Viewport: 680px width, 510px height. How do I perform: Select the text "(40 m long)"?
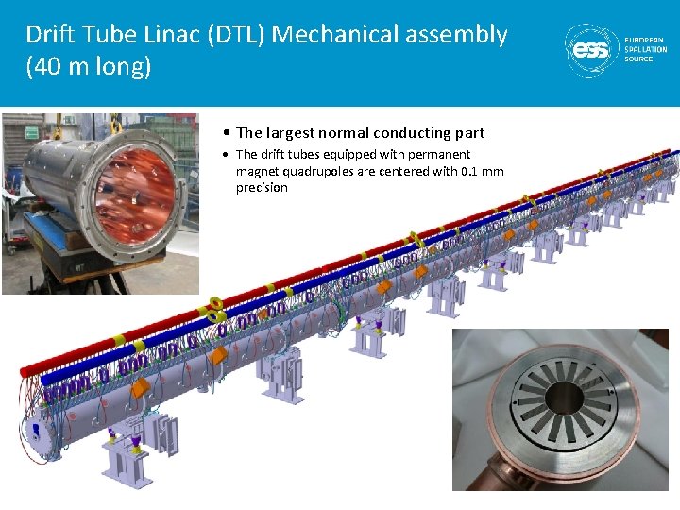89,66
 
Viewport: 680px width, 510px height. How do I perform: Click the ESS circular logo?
592,51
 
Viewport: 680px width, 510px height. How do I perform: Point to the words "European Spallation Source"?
646,49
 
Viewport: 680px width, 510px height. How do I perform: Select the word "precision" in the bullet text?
262,187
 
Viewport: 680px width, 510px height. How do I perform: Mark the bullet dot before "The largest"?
226,133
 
